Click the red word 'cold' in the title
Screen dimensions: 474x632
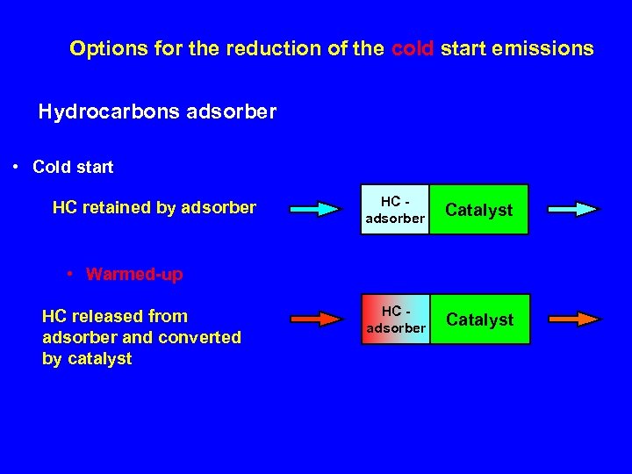(x=413, y=48)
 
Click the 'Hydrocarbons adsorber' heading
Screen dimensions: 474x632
(x=157, y=111)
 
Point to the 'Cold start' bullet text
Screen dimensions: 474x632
(x=73, y=166)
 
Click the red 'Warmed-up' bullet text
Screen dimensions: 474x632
(x=134, y=274)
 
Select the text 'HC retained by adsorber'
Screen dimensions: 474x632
(x=154, y=207)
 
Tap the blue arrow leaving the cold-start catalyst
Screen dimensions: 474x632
(x=574, y=209)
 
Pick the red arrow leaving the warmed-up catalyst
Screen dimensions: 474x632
(x=574, y=318)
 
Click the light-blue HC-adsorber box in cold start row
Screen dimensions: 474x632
(x=395, y=210)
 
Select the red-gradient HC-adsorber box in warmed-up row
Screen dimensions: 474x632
(x=395, y=320)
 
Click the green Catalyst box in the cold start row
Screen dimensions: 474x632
(x=479, y=210)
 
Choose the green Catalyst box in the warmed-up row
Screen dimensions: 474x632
(x=479, y=320)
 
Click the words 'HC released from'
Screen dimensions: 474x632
(x=115, y=316)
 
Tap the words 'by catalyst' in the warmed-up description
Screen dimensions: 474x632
(x=87, y=358)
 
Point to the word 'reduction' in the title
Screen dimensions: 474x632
(x=262, y=48)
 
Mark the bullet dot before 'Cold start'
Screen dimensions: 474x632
(x=18, y=165)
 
